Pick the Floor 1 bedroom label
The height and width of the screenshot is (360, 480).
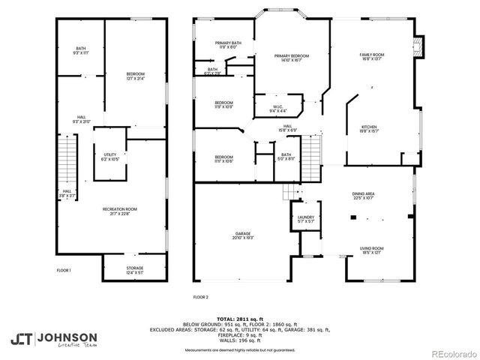pyautogui.click(x=135, y=75)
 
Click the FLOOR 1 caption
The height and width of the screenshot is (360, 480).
pyautogui.click(x=64, y=270)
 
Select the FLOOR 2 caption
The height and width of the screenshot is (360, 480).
pyautogui.click(x=200, y=297)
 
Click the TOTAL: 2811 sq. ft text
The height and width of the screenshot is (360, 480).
pyautogui.click(x=239, y=319)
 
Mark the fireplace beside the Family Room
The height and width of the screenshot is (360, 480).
pyautogui.click(x=421, y=46)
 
